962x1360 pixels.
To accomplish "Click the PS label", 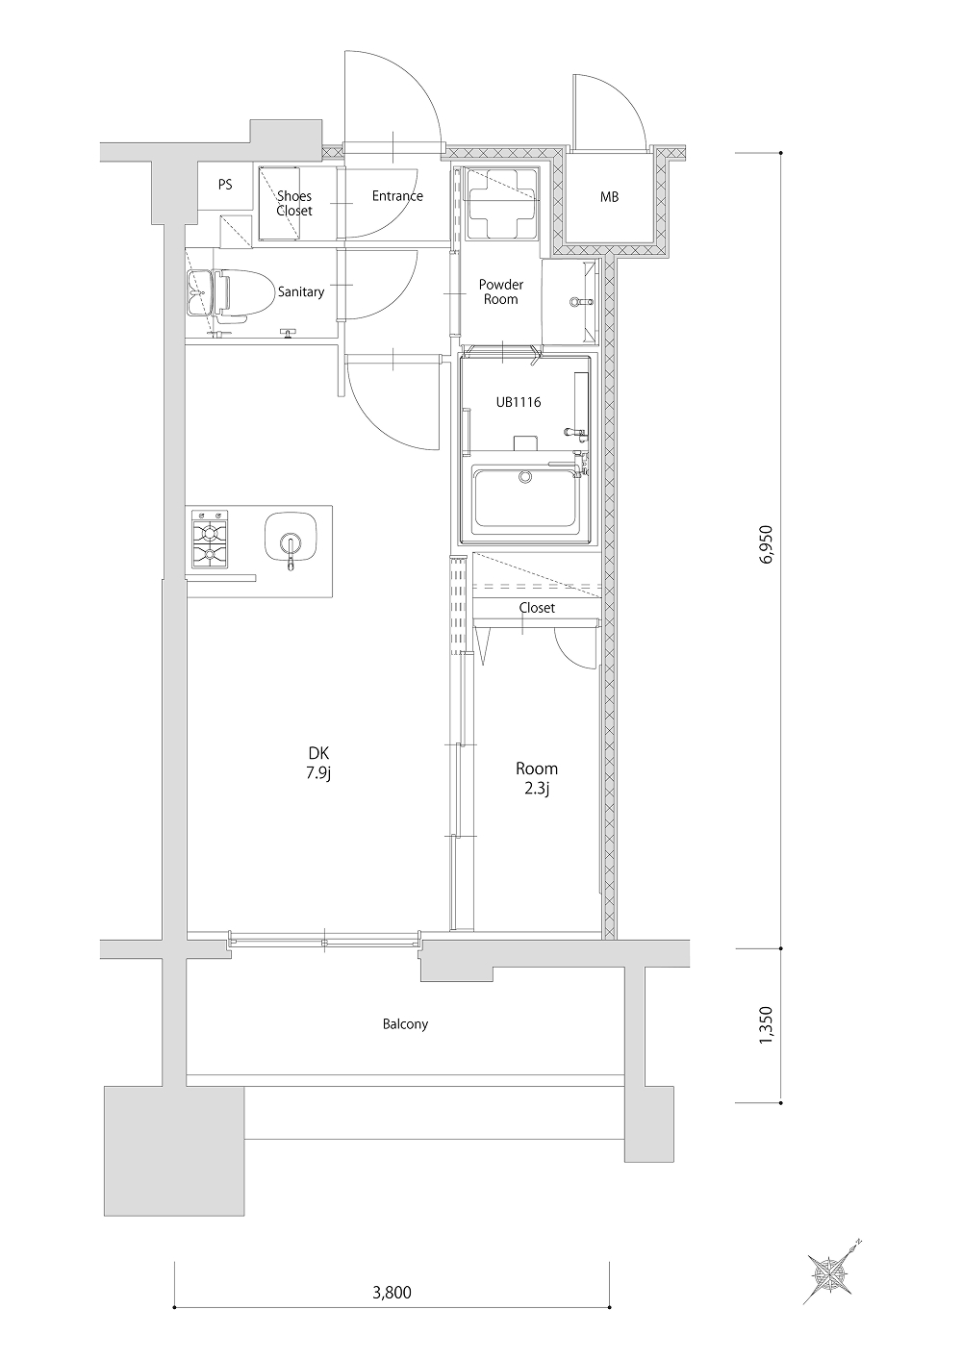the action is [x=225, y=184].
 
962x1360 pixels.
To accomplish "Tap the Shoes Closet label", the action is [x=294, y=203].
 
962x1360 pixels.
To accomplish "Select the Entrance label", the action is [x=397, y=195].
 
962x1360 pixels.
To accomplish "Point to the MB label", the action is [x=609, y=197].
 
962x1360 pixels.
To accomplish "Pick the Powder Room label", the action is [x=501, y=291].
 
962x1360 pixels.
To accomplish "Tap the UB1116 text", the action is [x=519, y=402].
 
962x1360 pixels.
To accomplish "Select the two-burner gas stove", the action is [x=210, y=539].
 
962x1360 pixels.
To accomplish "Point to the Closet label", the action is [x=537, y=608].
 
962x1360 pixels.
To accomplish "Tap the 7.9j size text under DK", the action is [x=318, y=773].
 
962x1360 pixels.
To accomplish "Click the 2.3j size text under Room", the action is [x=537, y=789].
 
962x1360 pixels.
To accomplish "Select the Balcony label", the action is [x=405, y=1024].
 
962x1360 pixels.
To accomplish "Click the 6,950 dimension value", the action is [x=766, y=544].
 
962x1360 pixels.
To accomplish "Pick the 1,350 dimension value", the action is [x=766, y=1025].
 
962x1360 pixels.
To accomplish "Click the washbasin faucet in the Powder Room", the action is [x=582, y=302].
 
